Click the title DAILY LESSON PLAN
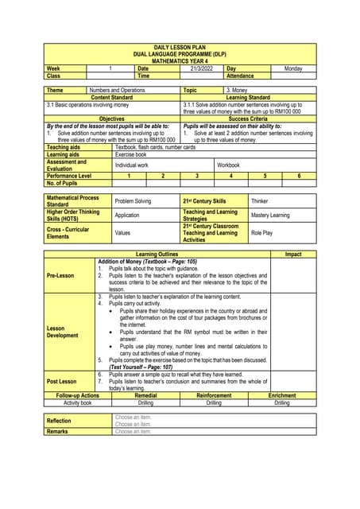[x=180, y=48]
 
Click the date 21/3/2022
[x=192, y=69]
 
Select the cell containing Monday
[x=293, y=69]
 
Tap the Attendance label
[x=241, y=76]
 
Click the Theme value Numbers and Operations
[x=118, y=91]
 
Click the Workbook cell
[x=230, y=165]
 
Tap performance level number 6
[x=299, y=175]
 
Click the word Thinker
[x=260, y=202]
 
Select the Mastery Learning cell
[x=270, y=216]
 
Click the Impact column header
[x=293, y=254]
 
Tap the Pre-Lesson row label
[x=60, y=276]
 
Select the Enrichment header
[x=282, y=395]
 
